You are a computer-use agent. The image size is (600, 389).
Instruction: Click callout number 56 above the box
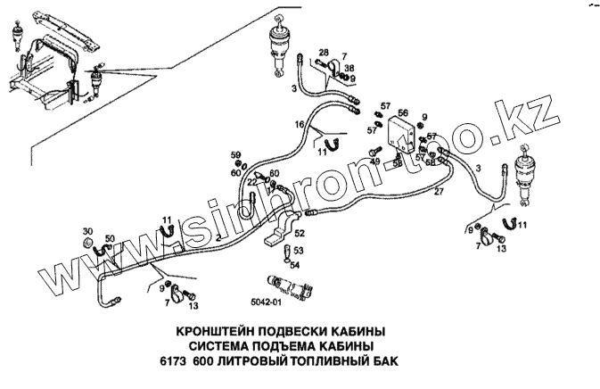click(403, 113)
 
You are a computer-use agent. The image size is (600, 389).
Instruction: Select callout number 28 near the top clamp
click(323, 54)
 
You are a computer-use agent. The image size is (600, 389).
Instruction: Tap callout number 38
click(349, 69)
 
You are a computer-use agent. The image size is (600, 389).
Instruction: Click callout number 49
click(375, 161)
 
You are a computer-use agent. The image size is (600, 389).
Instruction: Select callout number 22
click(252, 182)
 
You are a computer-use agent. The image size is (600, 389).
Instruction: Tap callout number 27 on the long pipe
click(439, 192)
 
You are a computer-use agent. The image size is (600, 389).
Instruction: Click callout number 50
click(110, 238)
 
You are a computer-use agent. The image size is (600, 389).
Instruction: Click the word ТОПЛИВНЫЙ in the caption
click(325, 361)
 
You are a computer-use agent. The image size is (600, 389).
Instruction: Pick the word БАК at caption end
click(380, 361)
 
